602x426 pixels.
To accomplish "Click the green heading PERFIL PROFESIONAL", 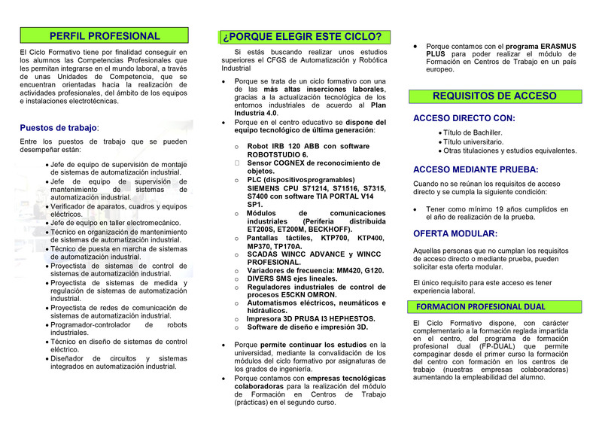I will tap(104, 35).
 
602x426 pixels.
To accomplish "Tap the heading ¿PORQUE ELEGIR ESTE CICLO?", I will tap(301, 36).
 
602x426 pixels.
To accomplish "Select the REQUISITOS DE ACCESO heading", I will tap(494, 96).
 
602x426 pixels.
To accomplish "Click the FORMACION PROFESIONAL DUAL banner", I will tap(481, 307).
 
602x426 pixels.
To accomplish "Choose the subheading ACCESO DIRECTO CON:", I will tap(464, 118).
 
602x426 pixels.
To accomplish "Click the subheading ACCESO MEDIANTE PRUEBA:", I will tap(476, 170).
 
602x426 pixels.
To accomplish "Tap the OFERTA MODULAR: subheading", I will tap(455, 234).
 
